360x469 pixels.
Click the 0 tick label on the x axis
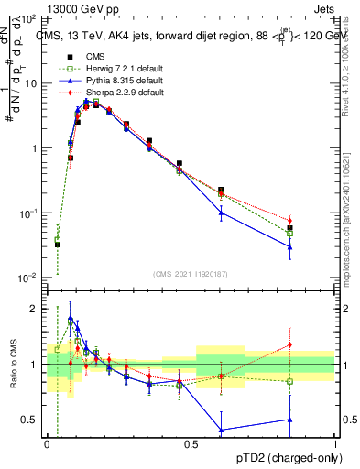(x=47, y=443)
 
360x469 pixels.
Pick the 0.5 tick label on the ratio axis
(x=30, y=420)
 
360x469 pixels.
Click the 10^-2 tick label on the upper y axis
(x=28, y=278)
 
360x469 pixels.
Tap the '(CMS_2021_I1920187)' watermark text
(x=191, y=274)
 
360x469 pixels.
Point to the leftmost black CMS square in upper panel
(x=57, y=245)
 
